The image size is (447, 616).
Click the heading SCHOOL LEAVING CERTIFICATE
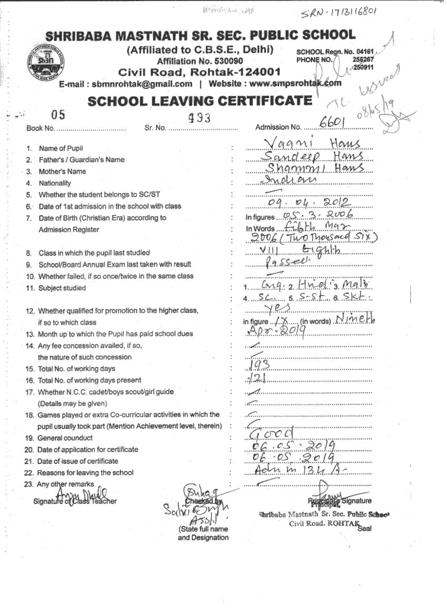[x=200, y=100]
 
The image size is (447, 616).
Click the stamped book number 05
[x=59, y=114]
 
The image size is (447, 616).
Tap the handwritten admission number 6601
[x=332, y=123]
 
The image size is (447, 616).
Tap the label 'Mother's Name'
[x=62, y=171]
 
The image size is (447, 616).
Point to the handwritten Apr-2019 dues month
[x=273, y=331]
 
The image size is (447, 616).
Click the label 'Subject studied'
[x=62, y=288]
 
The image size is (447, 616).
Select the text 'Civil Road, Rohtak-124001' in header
[x=199, y=72]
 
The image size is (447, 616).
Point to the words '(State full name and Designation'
[x=203, y=533]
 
